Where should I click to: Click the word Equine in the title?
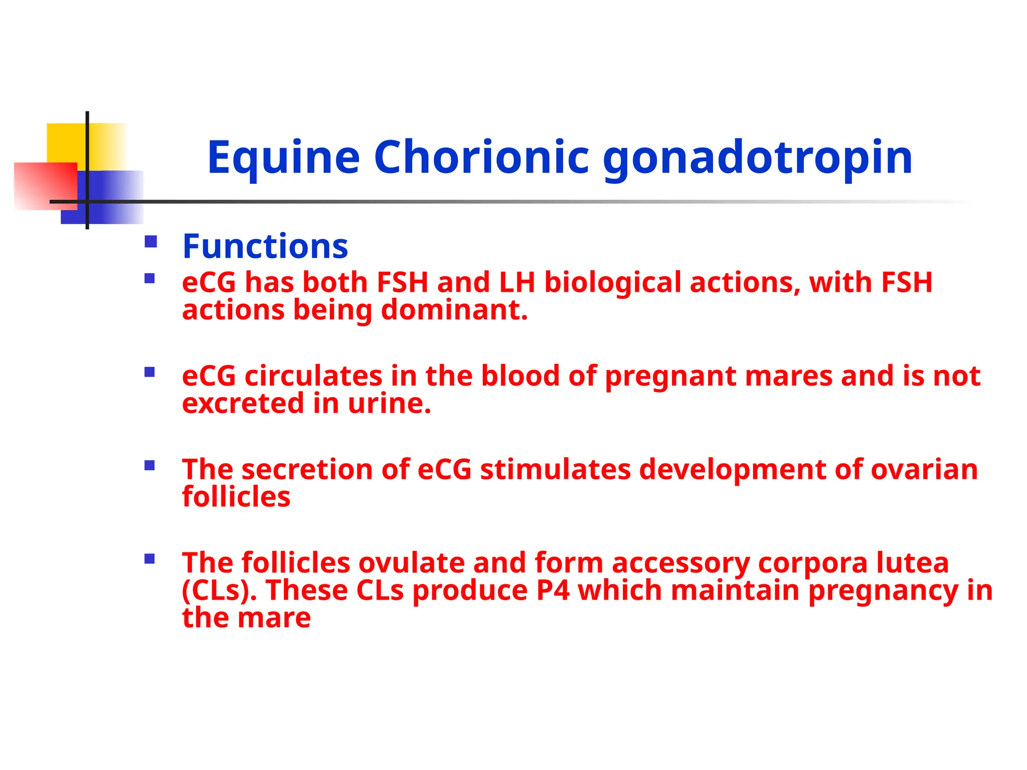[283, 158]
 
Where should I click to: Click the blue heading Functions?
[265, 247]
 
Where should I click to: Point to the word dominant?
[454, 310]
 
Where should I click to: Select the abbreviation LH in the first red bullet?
[517, 282]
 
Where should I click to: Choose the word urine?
[389, 404]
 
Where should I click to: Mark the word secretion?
[307, 470]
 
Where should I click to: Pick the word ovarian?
[924, 470]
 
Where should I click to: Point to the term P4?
[553, 590]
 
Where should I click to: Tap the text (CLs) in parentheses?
[219, 591]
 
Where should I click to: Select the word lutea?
[912, 562]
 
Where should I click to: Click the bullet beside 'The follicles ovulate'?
[149, 558]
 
